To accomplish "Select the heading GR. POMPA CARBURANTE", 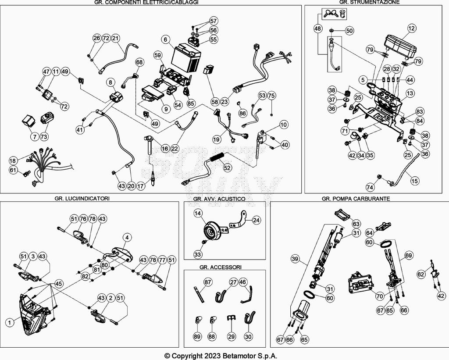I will coord(356,199).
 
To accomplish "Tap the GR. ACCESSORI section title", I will coord(220,267).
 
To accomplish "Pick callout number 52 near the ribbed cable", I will coord(226,167).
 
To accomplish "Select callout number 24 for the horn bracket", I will coord(256,220).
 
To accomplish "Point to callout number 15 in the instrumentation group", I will coord(414,180).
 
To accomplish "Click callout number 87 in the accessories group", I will coord(207,282).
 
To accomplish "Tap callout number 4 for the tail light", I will coord(127,238).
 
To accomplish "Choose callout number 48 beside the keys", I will coord(317,29).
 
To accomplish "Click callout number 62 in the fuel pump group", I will coord(421,275).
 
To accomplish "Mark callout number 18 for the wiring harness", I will coord(13,160).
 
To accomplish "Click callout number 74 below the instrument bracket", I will coord(370,187).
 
